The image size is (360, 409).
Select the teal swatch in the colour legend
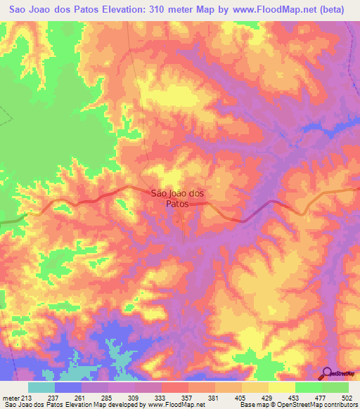pyautogui.click(x=41, y=388)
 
